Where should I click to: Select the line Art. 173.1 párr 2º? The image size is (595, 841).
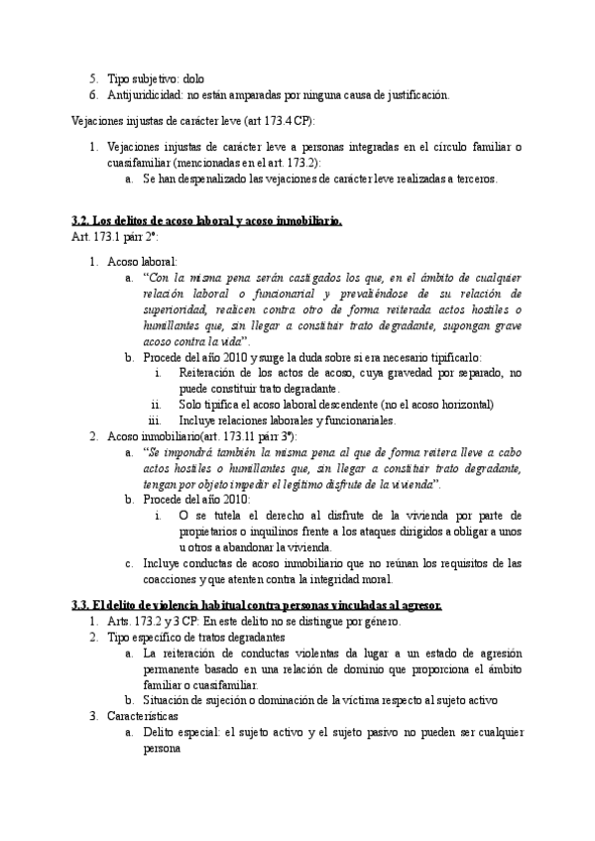click(x=115, y=238)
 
